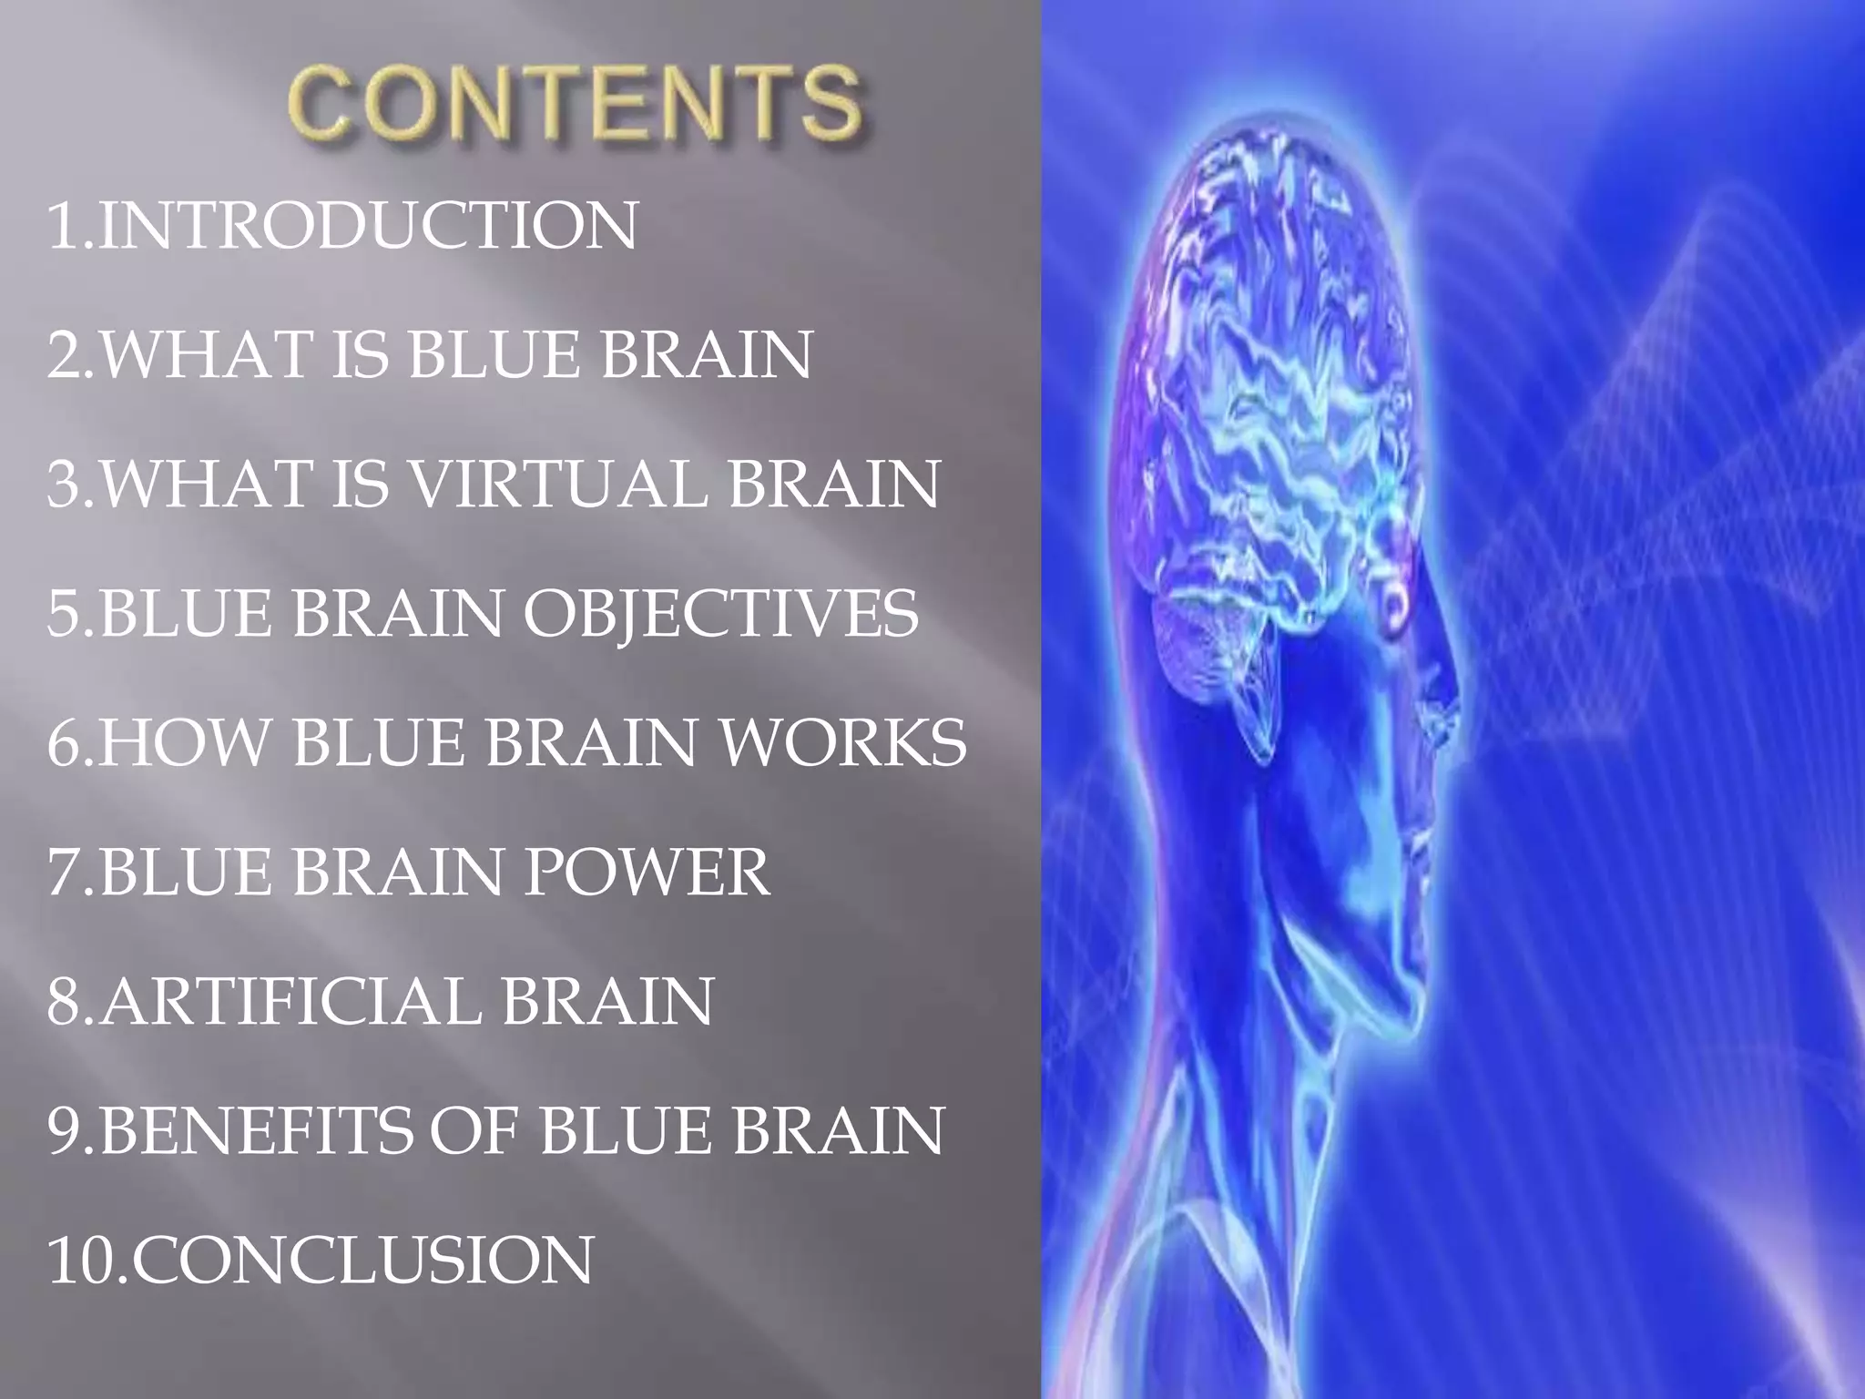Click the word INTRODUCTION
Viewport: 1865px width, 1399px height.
pos(368,226)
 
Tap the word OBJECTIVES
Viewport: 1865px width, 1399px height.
pos(720,613)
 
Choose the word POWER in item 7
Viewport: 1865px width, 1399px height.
pos(646,873)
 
